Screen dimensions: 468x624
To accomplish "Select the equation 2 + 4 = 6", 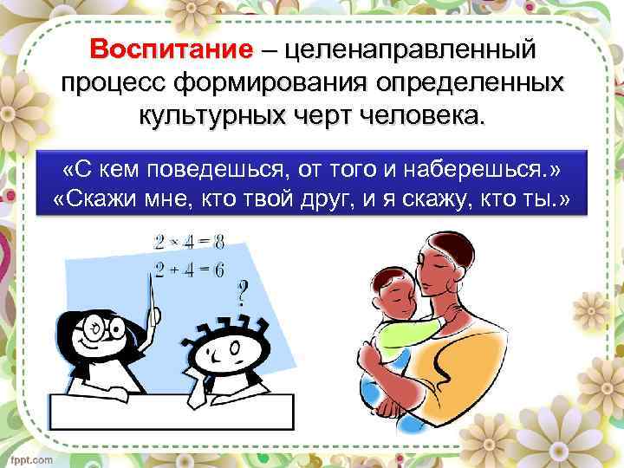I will pyautogui.click(x=190, y=270).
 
